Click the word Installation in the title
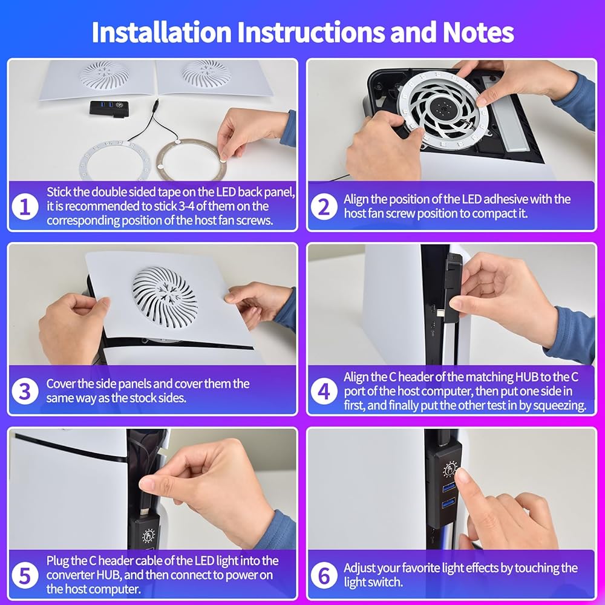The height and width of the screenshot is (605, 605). [161, 32]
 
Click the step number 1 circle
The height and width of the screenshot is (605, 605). [25, 206]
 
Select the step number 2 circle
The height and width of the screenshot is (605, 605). [324, 206]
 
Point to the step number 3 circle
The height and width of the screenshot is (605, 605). [25, 391]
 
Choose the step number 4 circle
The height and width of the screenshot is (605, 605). [324, 391]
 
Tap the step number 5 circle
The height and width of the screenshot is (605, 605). [25, 575]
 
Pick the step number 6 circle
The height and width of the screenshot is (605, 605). [324, 575]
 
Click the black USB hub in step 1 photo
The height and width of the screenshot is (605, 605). [109, 108]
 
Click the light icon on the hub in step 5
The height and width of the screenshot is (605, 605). [148, 535]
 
